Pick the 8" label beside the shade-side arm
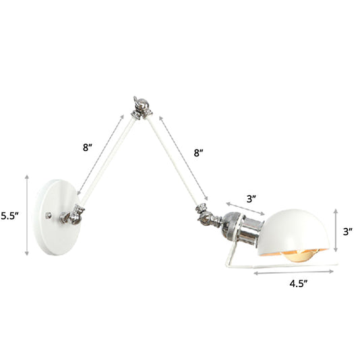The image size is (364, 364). [x=198, y=153]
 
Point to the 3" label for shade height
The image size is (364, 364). [x=348, y=232]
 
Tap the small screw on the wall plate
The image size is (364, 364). [x=48, y=216]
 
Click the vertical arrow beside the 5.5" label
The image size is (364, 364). [x=27, y=214]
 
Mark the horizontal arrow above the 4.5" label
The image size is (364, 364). [x=293, y=272]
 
